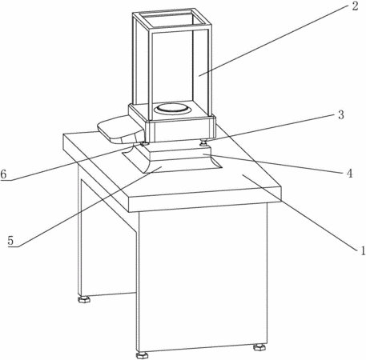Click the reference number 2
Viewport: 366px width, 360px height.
pos(355,6)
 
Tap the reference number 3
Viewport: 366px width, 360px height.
pos(341,115)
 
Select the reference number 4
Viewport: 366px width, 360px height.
pos(349,174)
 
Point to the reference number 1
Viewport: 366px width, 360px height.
pos(362,250)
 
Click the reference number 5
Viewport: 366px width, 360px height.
pos(10,241)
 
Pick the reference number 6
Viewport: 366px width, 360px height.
pos(3,174)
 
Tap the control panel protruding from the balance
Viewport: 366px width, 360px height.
pos(121,130)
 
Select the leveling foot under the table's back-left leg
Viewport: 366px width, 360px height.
pos(84,299)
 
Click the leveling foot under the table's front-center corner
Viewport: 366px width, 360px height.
pos(142,355)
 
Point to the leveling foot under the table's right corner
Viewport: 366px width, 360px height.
pos(259,347)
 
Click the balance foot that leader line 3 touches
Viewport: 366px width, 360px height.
pos(204,143)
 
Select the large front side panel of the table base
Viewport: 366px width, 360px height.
pos(203,278)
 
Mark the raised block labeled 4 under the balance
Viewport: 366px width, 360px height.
pos(178,154)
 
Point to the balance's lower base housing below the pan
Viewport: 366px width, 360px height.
pos(181,130)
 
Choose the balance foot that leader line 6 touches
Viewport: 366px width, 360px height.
pos(144,144)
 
